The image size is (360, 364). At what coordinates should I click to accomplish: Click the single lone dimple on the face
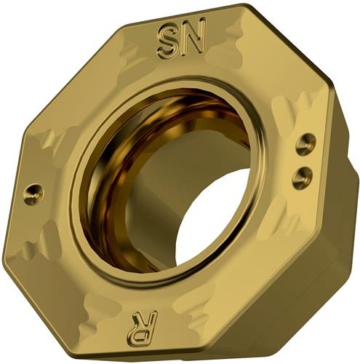pos(35,194)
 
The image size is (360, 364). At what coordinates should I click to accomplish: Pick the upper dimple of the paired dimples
pos(306,144)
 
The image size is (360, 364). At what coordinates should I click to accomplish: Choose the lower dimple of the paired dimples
pos(302,176)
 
